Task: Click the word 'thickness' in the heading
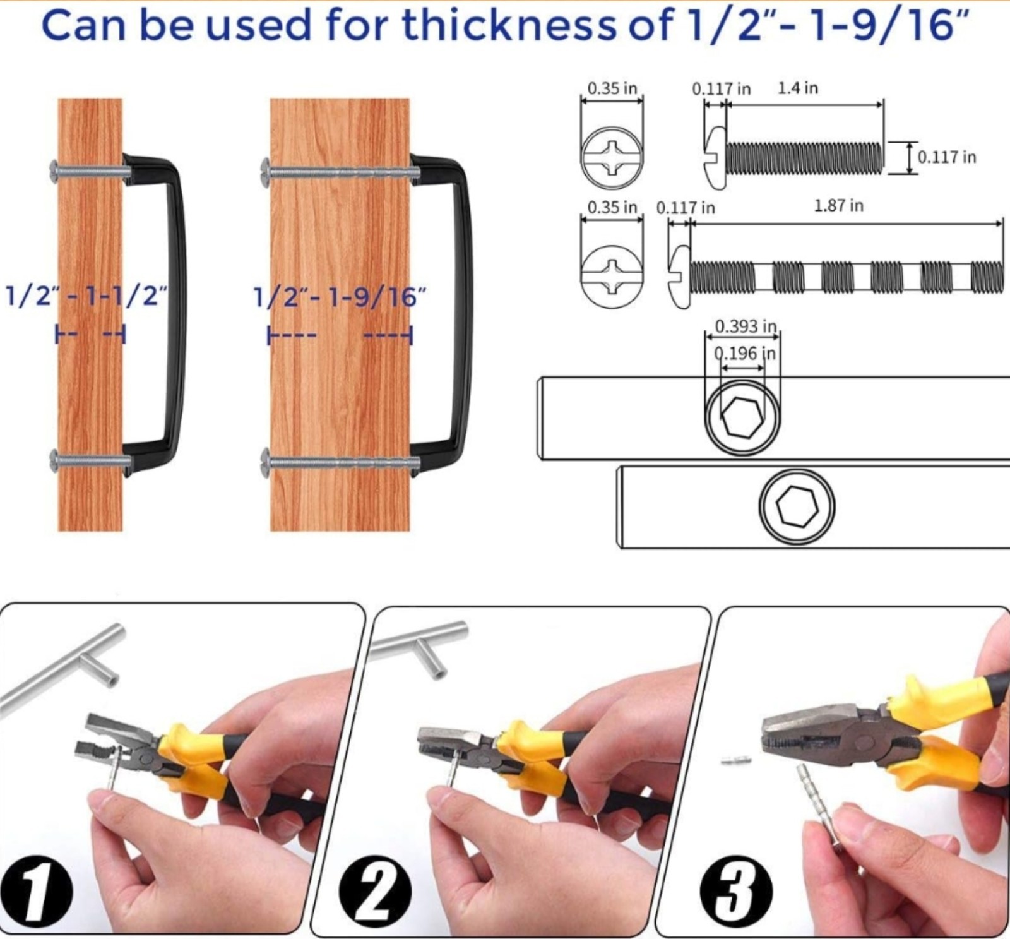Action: point(508,25)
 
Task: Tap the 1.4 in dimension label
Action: point(798,88)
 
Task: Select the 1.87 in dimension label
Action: point(838,205)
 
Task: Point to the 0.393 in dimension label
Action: point(746,326)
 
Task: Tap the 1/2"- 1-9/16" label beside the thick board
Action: point(340,296)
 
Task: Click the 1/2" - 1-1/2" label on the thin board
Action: point(86,295)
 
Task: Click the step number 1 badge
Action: point(35,892)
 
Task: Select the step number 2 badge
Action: point(376,891)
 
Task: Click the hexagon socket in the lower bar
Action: point(797,506)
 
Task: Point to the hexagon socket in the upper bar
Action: point(742,417)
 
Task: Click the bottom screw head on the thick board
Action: point(266,463)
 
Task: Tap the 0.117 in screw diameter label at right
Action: point(946,157)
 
